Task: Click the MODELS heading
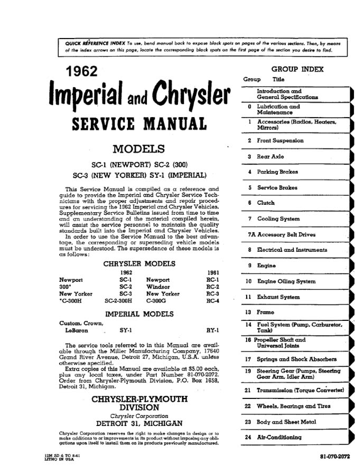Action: pyautogui.click(x=139, y=149)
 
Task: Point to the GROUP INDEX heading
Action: pyautogui.click(x=297, y=69)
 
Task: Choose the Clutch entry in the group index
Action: pyautogui.click(x=266, y=203)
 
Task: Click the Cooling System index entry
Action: pyautogui.click(x=278, y=218)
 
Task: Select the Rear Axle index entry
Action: pyautogui.click(x=270, y=157)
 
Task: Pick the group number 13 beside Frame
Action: pyautogui.click(x=248, y=313)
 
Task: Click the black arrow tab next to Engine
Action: pyautogui.click(x=352, y=266)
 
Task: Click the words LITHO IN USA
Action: pyautogui.click(x=52, y=459)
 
